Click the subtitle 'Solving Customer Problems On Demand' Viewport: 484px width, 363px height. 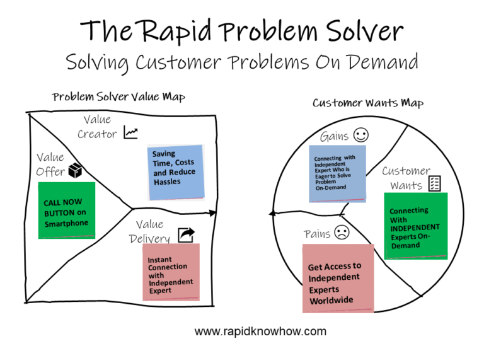242,62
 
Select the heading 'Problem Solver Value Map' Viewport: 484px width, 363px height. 118,97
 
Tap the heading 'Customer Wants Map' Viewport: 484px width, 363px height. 368,103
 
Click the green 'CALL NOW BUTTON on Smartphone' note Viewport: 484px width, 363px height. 66,210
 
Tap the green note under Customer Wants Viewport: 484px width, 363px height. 415,226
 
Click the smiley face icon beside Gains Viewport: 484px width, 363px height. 361,135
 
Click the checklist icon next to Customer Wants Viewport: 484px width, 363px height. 435,183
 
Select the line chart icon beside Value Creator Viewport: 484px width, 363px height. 130,132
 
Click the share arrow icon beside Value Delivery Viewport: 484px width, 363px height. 187,235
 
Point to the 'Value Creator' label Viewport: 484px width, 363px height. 97,127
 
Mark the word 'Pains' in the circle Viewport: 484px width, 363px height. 317,234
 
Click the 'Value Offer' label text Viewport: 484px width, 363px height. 50,164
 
